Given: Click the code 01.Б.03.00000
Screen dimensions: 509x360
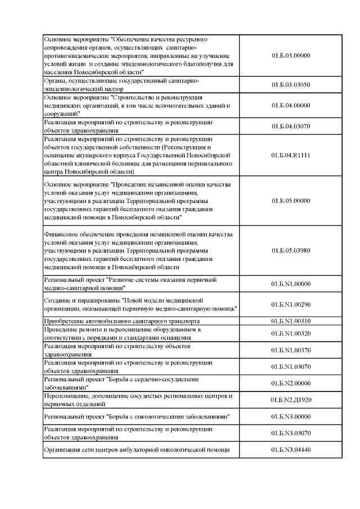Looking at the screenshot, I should coord(291,56).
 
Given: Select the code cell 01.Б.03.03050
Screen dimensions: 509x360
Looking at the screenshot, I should coord(291,85).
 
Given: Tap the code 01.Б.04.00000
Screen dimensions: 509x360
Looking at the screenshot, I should coord(291,105).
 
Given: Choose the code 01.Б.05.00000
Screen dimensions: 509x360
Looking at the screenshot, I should coord(291,200).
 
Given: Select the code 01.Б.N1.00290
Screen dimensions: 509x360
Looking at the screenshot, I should coord(291,304).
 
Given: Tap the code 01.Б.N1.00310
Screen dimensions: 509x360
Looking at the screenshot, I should coord(291,321).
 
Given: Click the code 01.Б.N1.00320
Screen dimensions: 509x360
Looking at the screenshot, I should coord(291,333).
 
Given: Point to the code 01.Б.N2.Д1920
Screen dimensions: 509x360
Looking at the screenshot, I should coord(291,400).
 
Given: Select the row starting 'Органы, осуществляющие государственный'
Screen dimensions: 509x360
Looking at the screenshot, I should coord(121,85).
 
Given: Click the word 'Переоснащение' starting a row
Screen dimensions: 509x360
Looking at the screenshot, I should coord(66,396).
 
